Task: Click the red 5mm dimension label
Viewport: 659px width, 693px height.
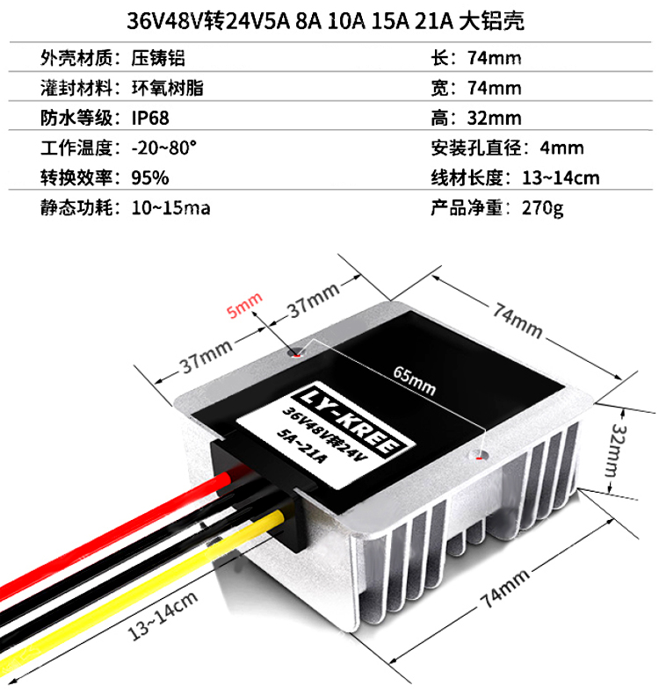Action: tap(243, 307)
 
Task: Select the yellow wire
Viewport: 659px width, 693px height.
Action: tap(132, 605)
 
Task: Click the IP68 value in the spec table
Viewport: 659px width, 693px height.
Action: tap(150, 118)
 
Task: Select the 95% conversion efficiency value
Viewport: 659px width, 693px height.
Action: tap(149, 177)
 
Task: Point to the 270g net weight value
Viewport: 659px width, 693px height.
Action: tap(542, 207)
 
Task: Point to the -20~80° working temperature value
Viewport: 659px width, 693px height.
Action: tap(163, 148)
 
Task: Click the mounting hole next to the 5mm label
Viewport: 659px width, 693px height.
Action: tap(296, 356)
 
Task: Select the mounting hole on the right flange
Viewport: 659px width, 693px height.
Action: tap(479, 455)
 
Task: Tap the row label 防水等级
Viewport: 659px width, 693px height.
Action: tap(77, 118)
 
